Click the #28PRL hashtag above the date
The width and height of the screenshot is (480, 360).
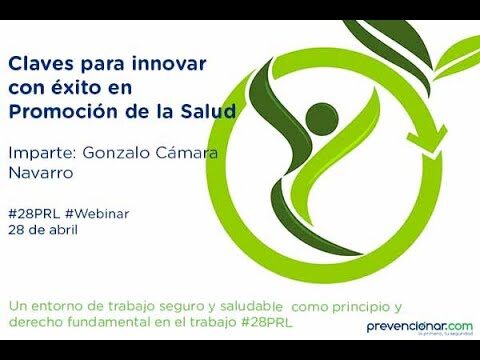click(x=30, y=213)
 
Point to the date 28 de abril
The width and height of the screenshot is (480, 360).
click(x=43, y=229)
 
